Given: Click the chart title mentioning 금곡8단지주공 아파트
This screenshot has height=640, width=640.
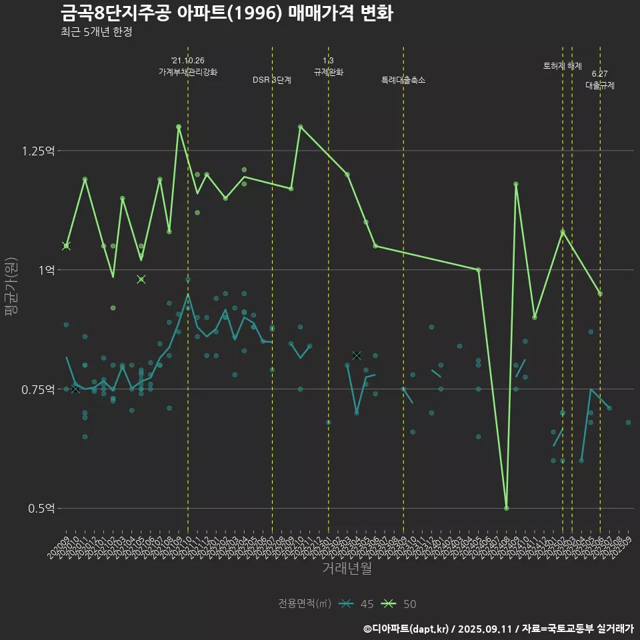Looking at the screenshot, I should point(226,13).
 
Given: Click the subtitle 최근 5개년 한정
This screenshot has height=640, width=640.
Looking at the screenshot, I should point(96,32).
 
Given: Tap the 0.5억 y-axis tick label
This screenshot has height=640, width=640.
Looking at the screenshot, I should point(41,509).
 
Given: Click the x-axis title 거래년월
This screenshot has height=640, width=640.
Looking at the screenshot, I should point(347,568).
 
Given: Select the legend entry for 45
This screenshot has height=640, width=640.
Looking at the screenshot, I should point(356,604).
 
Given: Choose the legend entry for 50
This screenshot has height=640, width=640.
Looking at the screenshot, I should point(399,604).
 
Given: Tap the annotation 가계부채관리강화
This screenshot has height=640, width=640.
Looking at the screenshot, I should point(187,72).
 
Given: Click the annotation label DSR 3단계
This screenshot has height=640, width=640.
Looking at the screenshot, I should point(271,80).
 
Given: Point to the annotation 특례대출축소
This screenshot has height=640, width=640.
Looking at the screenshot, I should point(403,80).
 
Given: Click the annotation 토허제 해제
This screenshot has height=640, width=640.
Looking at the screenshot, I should point(562,66).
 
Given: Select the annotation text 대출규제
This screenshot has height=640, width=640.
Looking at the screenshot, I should point(599,85).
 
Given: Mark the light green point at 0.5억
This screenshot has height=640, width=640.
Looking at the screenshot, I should point(507,508).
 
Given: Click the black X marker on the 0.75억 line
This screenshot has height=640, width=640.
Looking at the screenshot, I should point(75,389).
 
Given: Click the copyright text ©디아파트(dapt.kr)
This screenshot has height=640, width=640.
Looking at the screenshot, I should point(407,628).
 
